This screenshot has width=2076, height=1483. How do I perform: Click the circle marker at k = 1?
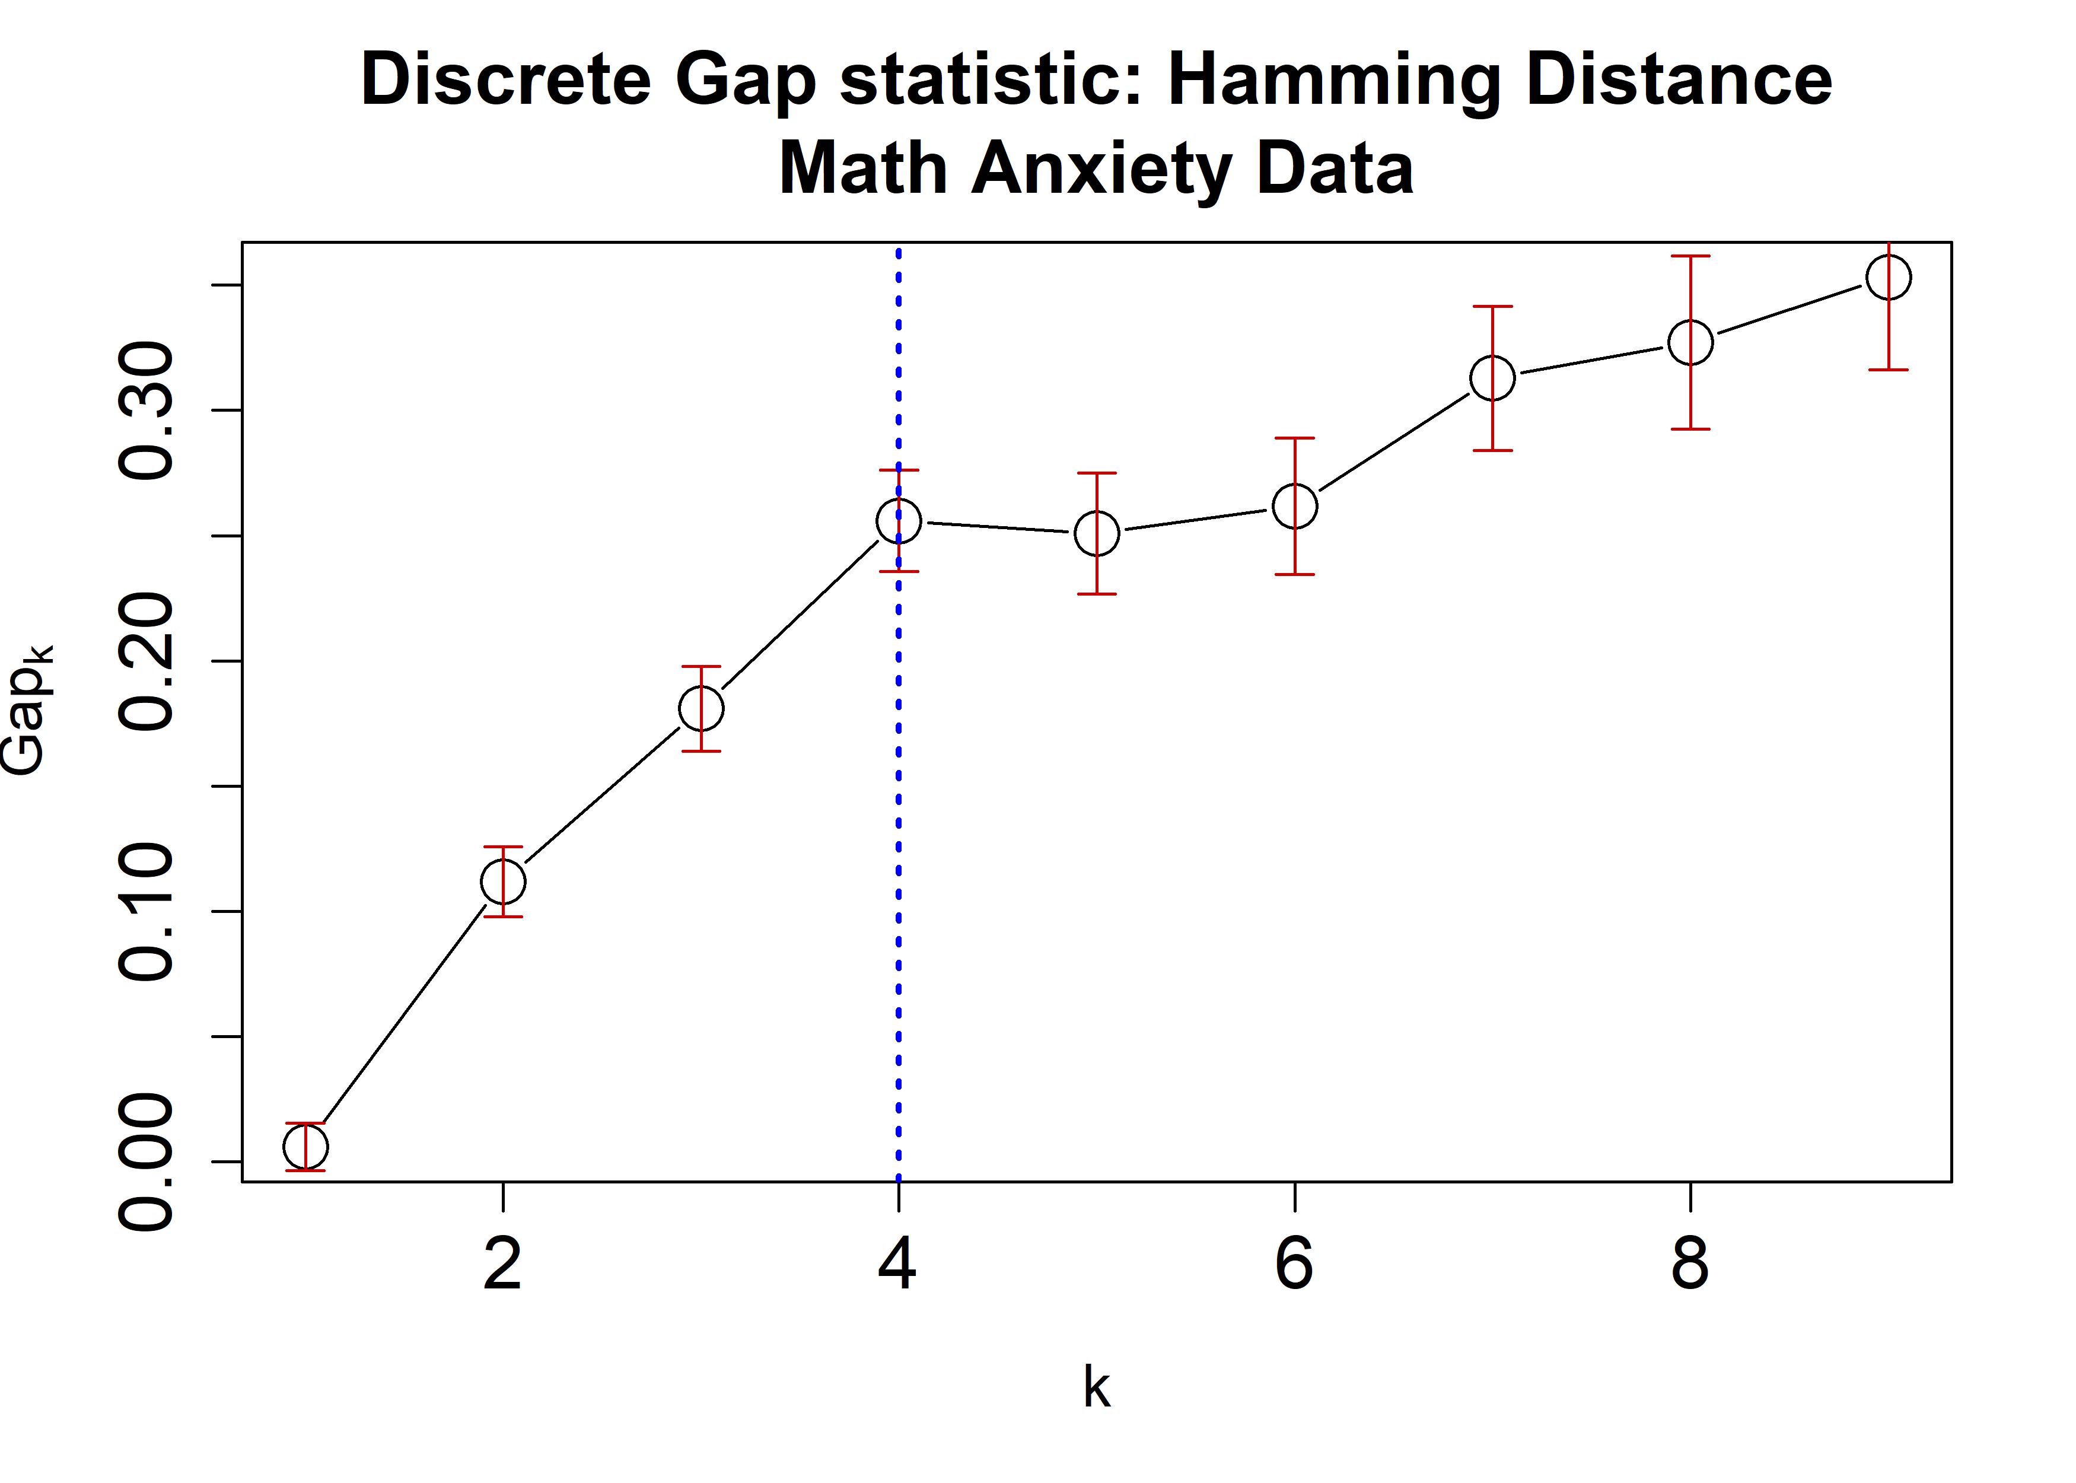pos(305,1147)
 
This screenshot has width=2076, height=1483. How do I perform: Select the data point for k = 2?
pos(503,882)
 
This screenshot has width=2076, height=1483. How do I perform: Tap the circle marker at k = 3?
pos(701,709)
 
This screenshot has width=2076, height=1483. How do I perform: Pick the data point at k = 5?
pos(1097,533)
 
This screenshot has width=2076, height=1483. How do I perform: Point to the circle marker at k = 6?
pos(1294,506)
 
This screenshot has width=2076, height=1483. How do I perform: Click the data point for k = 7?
pos(1492,378)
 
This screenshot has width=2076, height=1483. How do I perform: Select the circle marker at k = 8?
pos(1690,342)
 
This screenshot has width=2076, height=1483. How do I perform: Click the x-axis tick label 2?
pos(503,1265)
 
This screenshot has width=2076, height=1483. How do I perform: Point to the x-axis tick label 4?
pos(899,1265)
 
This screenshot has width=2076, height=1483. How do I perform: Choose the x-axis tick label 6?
pos(1294,1265)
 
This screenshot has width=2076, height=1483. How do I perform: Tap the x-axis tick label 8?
pos(1690,1265)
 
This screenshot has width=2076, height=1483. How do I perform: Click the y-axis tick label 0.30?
pos(146,411)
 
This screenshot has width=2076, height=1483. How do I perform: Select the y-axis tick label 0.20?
pos(146,661)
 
